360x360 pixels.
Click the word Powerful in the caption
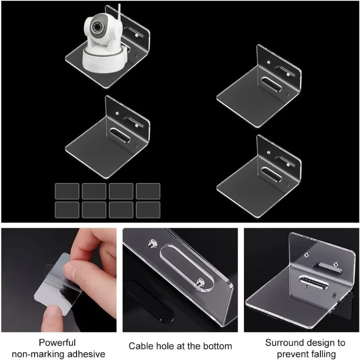coord(57,342)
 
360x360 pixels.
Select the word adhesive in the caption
coord(86,354)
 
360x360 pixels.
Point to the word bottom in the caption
coord(216,346)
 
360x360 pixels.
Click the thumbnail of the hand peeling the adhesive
coord(59,280)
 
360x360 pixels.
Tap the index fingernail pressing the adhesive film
coord(70,266)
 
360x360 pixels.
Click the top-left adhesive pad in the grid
coord(67,191)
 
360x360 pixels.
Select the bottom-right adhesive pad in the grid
coord(148,210)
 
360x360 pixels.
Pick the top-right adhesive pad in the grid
coord(148,191)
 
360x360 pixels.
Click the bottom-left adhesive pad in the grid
coord(67,210)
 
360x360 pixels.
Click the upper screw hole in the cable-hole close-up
coord(152,243)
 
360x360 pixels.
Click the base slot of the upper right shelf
coord(271,85)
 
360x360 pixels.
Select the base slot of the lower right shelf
coord(271,175)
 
